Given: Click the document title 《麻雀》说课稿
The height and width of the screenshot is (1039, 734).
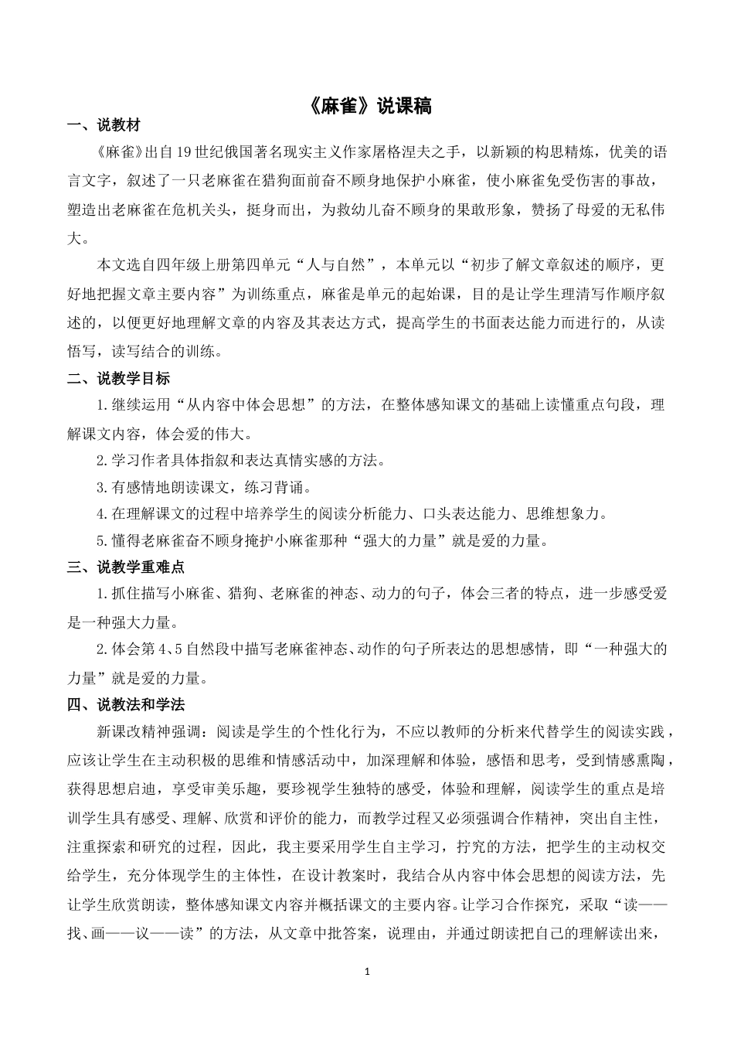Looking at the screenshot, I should (x=367, y=106).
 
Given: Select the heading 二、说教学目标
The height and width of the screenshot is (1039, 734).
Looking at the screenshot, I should (x=118, y=379).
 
